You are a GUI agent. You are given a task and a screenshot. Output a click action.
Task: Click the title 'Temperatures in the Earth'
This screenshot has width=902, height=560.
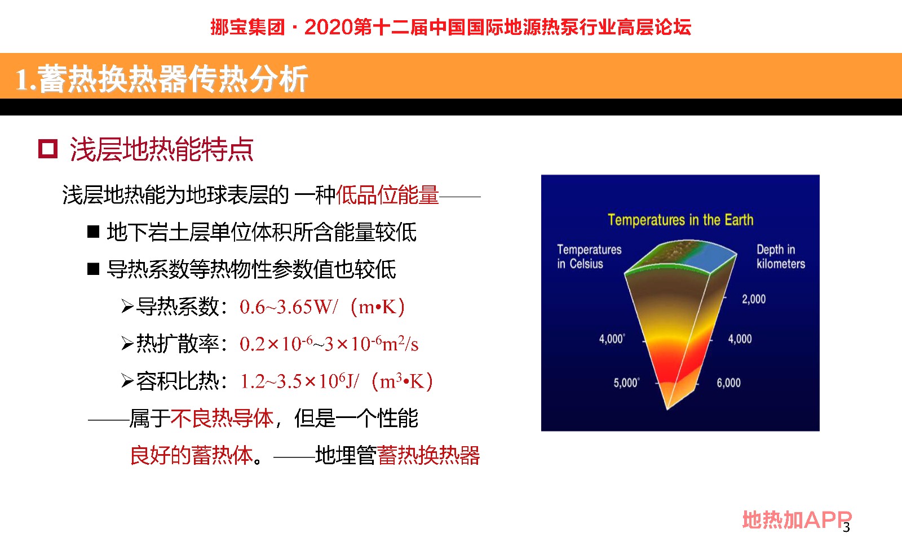point(680,220)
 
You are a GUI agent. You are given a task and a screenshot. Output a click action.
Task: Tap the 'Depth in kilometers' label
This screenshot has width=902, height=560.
point(780,257)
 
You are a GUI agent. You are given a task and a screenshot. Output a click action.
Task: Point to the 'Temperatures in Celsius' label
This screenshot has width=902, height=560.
point(589,257)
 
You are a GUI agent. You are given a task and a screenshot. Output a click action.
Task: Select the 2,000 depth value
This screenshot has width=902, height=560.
point(754,299)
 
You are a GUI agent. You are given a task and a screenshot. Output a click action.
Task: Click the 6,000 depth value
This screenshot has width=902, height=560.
point(728,383)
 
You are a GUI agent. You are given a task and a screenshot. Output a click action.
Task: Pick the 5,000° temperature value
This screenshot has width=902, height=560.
point(626,383)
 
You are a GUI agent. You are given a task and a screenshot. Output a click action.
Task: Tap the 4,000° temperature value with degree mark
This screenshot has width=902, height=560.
point(612,339)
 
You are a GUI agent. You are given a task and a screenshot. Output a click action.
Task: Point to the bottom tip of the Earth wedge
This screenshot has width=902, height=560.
point(667,410)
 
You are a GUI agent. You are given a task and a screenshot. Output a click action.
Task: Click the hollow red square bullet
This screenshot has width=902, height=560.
point(48,149)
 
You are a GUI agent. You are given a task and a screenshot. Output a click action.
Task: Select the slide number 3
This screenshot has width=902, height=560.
point(846,527)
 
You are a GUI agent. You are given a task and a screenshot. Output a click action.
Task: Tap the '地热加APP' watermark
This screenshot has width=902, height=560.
point(797,520)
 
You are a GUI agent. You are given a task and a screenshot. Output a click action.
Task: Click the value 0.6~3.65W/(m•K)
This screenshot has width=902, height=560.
point(322,307)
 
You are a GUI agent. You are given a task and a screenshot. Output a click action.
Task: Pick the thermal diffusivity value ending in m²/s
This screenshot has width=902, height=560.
point(329,344)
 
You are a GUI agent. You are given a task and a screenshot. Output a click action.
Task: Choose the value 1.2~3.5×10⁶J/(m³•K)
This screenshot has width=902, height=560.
point(337,381)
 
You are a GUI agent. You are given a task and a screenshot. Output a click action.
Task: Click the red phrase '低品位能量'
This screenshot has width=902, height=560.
point(387,195)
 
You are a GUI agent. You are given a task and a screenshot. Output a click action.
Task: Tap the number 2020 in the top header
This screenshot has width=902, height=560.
point(329,28)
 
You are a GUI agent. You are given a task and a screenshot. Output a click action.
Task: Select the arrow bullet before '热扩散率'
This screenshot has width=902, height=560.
point(127,344)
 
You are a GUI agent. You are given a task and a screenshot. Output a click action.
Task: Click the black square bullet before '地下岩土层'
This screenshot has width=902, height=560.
point(94,232)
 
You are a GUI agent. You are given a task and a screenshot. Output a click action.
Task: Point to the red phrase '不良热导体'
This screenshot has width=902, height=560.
point(222,419)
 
